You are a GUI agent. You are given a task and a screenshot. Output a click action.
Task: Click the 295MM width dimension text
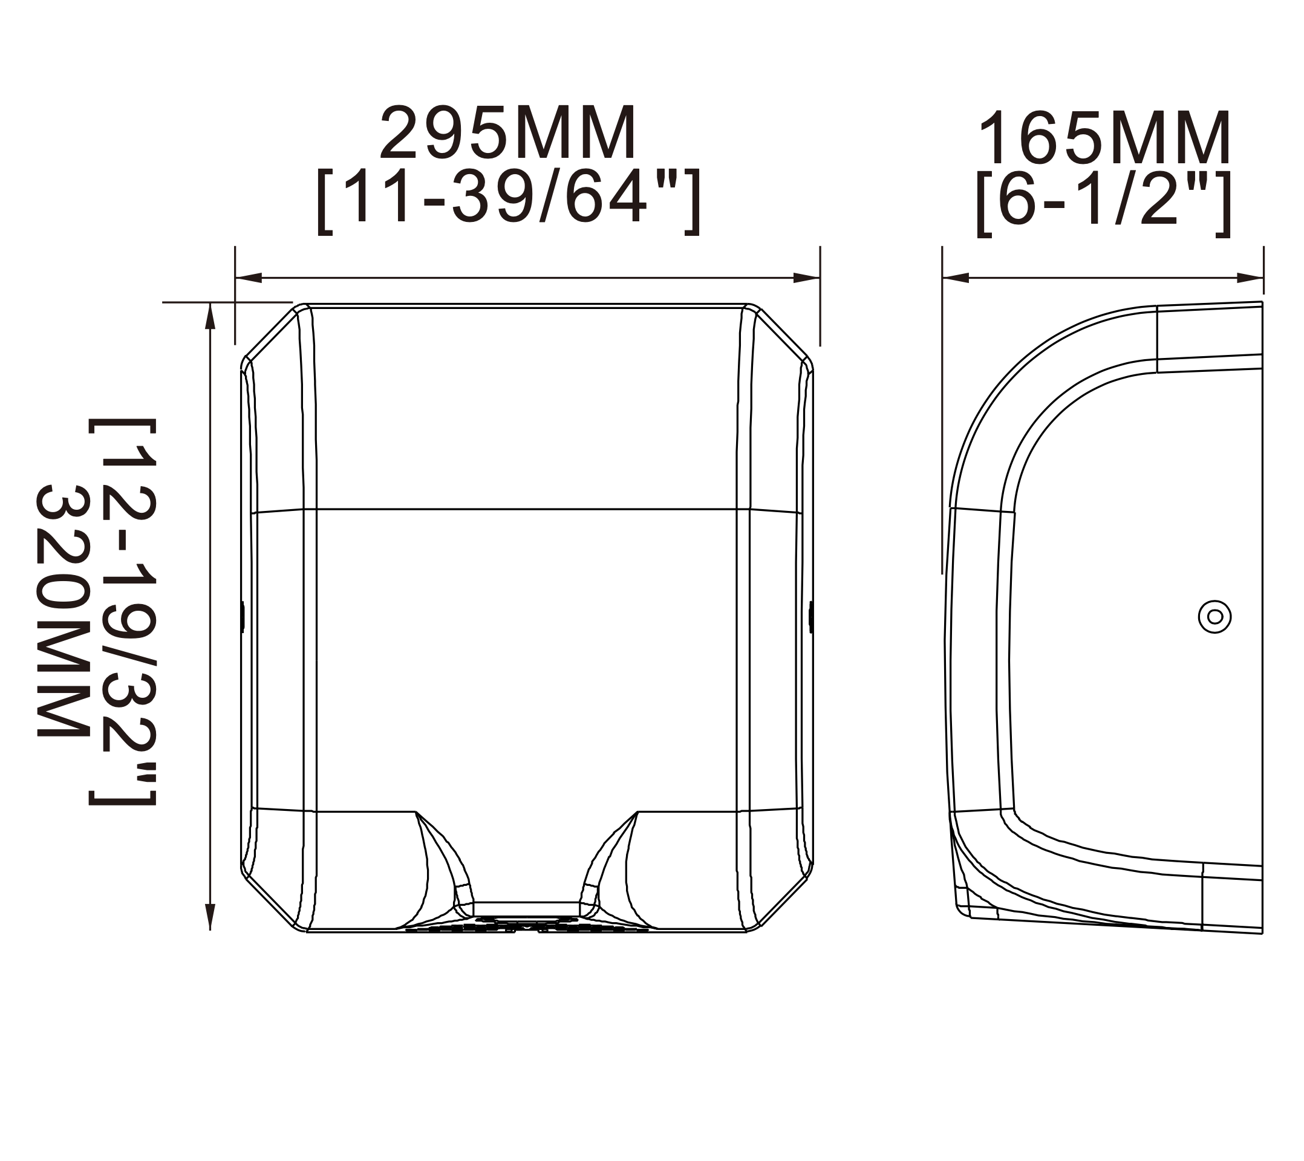[x=509, y=132]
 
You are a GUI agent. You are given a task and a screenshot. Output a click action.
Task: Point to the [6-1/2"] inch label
[x=1103, y=204]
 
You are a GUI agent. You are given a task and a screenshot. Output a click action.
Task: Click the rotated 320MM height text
[x=62, y=612]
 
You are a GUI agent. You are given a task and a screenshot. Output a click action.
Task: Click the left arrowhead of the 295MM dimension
[x=249, y=278]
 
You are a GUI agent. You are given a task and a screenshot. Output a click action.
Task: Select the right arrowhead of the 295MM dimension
[x=806, y=278]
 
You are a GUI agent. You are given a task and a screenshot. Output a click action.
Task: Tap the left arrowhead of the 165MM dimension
[x=956, y=278]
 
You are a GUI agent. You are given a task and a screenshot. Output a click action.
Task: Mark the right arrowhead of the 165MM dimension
[x=1250, y=278]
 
